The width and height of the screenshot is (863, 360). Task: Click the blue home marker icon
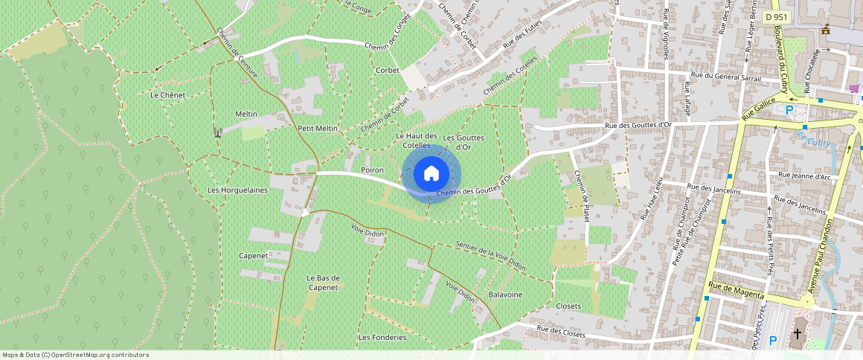click(431, 174)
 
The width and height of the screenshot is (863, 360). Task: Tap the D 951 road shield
click(776, 16)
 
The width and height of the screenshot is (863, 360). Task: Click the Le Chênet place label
click(167, 95)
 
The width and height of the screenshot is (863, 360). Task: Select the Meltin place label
click(246, 114)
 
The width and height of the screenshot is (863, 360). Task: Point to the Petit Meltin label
click(318, 128)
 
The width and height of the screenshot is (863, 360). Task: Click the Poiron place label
click(372, 170)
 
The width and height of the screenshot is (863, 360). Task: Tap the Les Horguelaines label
click(237, 190)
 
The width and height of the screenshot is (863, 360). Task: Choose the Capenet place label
click(253, 255)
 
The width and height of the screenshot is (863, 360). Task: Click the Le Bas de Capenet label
click(323, 283)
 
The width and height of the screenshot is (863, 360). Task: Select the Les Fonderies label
click(382, 337)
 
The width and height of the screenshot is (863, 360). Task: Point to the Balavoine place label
click(506, 295)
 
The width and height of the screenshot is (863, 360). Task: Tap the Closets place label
click(568, 306)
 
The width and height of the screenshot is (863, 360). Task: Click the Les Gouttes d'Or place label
click(463, 142)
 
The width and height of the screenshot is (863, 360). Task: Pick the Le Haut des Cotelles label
click(417, 140)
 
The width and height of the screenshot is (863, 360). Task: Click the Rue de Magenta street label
click(736, 290)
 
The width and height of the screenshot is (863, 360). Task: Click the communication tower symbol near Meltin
click(218, 133)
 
